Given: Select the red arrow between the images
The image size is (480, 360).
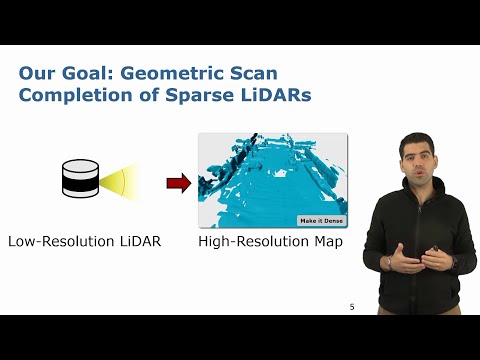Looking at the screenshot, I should point(178,182).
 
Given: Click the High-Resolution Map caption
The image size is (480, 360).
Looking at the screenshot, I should point(270,242).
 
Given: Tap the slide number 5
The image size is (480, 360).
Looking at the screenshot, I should point(352,306).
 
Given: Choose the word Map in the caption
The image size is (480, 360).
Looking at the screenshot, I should point(324,242).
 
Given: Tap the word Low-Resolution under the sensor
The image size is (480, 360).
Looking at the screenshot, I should point(59,242).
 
